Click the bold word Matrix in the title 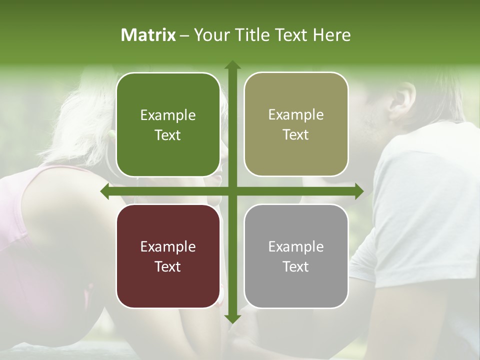[x=148, y=35]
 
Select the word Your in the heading [x=210, y=35]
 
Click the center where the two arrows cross [x=232, y=191]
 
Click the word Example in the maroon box [x=168, y=246]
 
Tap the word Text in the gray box [x=296, y=266]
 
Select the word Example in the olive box [x=296, y=114]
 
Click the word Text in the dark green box [x=168, y=135]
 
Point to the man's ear [x=403, y=97]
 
